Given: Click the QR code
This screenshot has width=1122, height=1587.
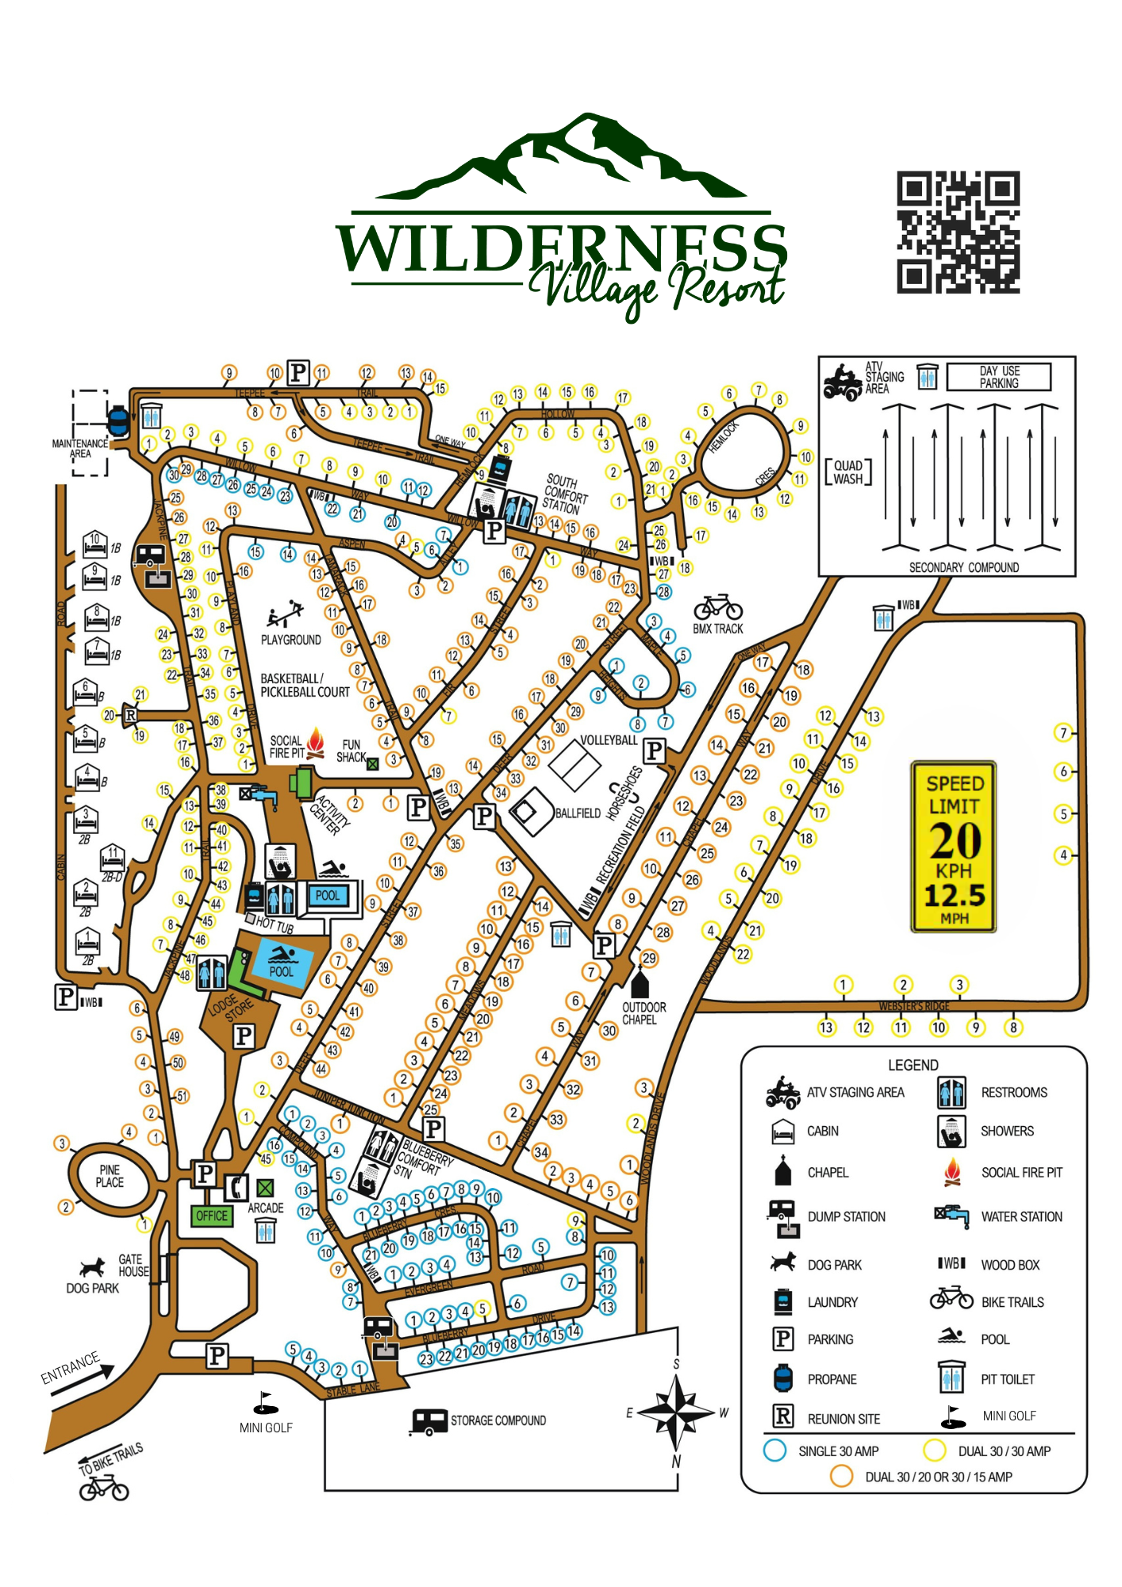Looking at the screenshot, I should pos(958,232).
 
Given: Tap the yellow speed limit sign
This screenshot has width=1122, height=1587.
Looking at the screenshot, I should pos(954,847).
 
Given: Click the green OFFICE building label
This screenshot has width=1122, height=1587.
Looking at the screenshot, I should pos(212,1216).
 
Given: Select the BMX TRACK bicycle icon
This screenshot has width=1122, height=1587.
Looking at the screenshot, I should pos(718,608).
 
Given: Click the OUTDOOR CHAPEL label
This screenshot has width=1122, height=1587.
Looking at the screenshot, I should pos(644,1013).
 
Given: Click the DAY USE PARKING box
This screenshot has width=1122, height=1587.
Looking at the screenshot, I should pos(999,377).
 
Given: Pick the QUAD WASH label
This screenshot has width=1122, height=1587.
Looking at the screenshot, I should pos(848,472).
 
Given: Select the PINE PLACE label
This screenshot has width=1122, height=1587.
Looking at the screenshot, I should pos(110,1176).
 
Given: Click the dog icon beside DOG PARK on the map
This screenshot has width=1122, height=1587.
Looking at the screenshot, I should pos(93,1266).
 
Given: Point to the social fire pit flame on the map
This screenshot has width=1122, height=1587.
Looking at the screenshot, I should pos(316,742).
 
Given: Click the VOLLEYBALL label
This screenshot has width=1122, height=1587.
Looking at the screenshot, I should pos(609,740).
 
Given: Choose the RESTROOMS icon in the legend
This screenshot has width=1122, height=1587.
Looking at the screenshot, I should pos(951,1093).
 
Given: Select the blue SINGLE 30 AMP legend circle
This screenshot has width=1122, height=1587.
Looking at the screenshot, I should pos(774,1451).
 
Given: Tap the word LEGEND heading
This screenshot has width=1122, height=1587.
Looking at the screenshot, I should pos(913,1065).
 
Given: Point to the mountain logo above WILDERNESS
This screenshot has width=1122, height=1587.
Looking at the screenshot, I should pos(560,159).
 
